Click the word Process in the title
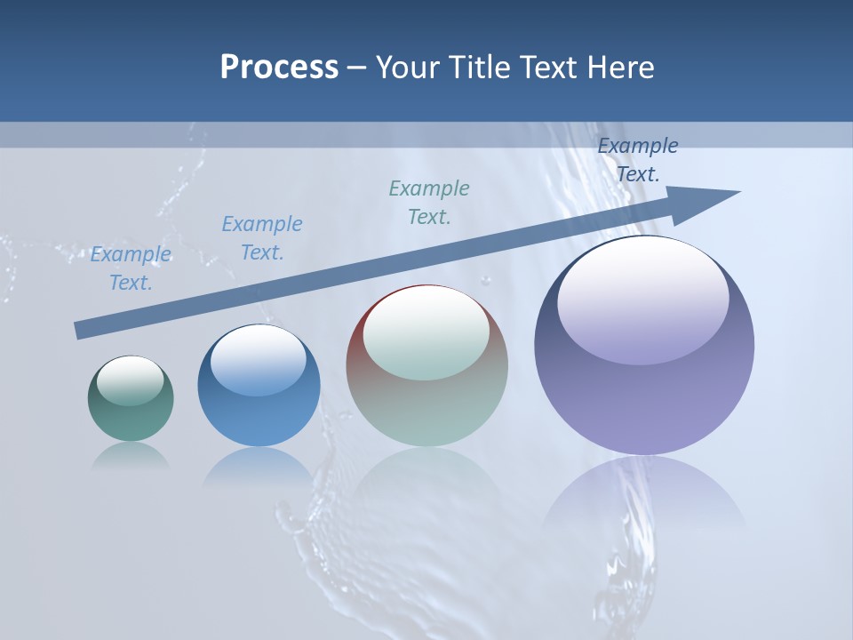pos(279,68)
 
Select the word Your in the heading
pos(409,68)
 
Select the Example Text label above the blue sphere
pos(262,238)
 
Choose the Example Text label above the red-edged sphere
pos(429,203)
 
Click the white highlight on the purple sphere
pos(642,298)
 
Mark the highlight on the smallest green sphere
pos(130,380)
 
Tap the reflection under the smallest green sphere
pos(131,454)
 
